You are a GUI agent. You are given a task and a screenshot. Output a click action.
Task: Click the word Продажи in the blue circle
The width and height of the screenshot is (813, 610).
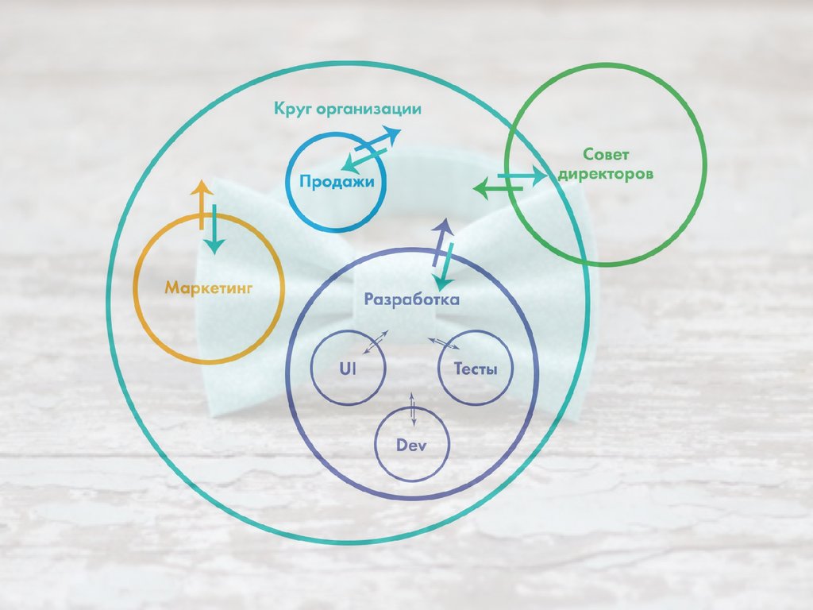[337, 181]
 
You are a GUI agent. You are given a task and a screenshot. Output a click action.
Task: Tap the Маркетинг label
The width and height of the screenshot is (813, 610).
[209, 288]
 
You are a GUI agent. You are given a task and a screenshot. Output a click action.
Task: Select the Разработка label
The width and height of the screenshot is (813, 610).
[411, 300]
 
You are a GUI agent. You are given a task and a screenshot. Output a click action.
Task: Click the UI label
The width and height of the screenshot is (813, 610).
[348, 369]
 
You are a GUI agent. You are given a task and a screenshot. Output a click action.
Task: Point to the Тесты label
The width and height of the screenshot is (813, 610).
[476, 369]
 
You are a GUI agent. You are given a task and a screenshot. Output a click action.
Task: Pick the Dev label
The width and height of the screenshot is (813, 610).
[411, 445]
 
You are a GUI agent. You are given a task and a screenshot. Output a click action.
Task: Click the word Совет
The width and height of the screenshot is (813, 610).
[606, 153]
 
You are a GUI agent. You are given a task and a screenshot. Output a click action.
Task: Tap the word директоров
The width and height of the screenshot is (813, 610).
[606, 173]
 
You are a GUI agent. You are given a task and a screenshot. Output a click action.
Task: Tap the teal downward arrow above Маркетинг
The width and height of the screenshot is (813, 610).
[213, 230]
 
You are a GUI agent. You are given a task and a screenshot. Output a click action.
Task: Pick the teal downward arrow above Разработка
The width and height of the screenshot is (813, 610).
[445, 267]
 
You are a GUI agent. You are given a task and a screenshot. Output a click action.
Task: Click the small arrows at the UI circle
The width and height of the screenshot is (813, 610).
[376, 342]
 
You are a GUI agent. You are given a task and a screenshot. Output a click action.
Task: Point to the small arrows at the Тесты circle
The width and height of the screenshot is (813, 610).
[444, 343]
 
